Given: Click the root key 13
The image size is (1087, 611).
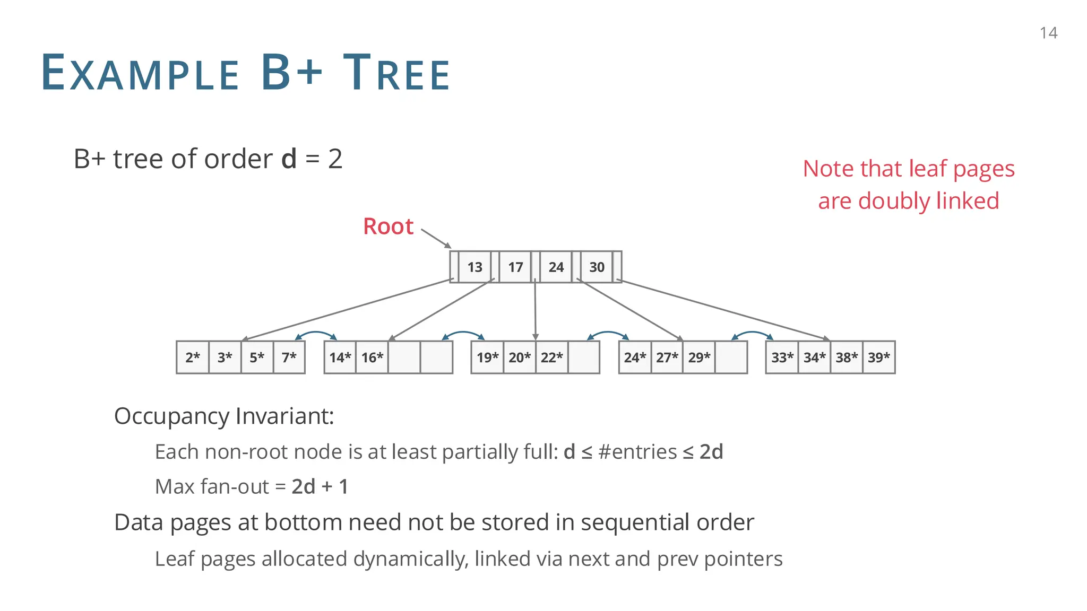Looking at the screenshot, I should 475,267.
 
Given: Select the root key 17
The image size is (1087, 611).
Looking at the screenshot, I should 515,267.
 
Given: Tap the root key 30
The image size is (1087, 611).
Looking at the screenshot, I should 597,267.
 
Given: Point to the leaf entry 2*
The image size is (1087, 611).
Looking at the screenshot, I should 193,357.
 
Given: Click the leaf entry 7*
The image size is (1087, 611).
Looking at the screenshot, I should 289,357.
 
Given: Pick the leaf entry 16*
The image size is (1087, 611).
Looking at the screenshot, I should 372,357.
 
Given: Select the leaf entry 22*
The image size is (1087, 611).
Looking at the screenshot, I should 551,357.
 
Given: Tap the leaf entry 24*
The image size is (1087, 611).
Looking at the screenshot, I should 635,357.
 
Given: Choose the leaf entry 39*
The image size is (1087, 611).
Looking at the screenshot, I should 879,357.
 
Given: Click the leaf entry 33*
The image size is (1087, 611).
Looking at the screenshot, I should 782,357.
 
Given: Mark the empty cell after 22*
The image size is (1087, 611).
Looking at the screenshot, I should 584,357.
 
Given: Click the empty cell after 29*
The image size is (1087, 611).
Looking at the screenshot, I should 731,357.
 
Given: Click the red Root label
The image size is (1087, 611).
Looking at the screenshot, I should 388,226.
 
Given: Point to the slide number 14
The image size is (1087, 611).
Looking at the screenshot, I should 1048,33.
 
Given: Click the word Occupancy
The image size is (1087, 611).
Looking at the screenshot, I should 172,416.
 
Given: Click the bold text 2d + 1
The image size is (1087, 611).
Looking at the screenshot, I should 320,486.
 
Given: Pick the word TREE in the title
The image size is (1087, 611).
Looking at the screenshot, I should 396,73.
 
